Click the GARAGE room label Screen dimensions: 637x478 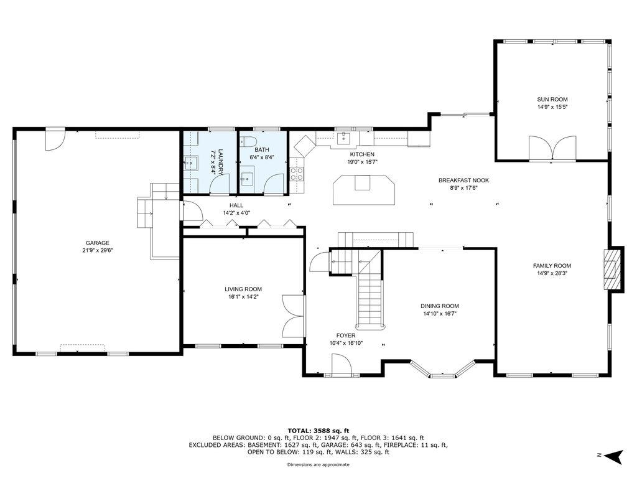pos(97,243)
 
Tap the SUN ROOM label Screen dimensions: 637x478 pos(552,99)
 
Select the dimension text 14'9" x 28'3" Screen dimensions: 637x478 pos(552,274)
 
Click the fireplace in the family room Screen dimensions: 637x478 pos(612,269)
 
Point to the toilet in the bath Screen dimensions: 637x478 pos(248,141)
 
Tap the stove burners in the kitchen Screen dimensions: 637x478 pos(296,174)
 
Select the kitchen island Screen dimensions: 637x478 pos(364,190)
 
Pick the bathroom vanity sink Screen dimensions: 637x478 pos(247,177)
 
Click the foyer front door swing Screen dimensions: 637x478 pos(340,363)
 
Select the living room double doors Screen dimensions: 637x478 pos(293,316)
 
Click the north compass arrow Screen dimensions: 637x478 pos(613,456)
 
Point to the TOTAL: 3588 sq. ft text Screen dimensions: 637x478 pos(318,431)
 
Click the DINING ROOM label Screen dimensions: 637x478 pos(440,306)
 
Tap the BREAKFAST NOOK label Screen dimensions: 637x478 pos(463,180)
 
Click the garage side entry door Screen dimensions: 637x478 pos(55,139)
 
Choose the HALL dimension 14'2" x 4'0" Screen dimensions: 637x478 pos(236,213)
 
